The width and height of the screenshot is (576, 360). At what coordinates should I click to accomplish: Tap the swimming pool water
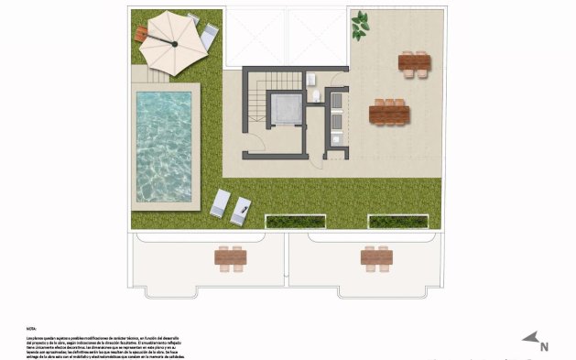pos(165,147)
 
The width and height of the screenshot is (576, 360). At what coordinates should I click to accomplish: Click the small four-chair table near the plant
pos(414,62)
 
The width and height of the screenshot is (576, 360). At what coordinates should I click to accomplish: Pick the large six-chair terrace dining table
pos(389,113)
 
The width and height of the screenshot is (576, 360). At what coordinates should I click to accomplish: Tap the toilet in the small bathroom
pos(316,94)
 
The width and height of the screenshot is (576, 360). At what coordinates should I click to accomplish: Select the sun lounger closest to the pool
pos(220,202)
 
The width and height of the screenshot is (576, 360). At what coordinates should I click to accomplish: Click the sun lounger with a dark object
pos(242,211)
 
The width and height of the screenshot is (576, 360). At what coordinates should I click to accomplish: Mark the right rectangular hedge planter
pos(397,221)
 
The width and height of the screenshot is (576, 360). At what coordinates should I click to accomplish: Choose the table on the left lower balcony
pos(231,259)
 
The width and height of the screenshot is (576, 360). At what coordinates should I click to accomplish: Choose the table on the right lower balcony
pos(376,259)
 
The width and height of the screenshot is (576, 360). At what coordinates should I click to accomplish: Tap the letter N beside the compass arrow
pos(544,346)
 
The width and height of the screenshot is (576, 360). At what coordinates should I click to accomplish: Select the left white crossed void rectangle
pos(255,37)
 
